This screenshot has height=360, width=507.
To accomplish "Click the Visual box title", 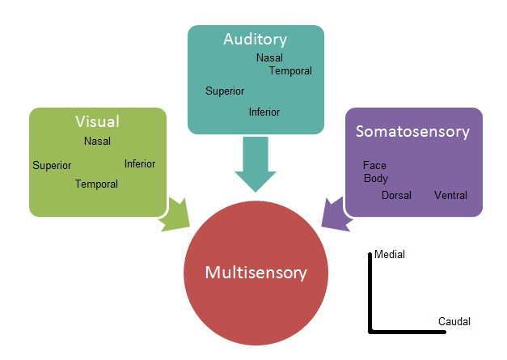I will click(x=97, y=122).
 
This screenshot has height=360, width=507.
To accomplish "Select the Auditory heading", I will click(x=256, y=39).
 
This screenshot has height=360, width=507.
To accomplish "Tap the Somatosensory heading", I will click(x=412, y=131).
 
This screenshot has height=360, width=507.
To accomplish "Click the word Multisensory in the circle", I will click(x=256, y=272).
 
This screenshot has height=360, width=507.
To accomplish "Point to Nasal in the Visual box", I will click(x=97, y=142).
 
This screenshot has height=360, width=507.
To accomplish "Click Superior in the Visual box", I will click(x=52, y=166).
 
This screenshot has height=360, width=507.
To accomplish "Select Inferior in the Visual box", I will click(x=139, y=164).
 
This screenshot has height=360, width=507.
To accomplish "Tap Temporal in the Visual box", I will click(x=96, y=184).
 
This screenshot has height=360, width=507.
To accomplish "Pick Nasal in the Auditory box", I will click(x=269, y=58).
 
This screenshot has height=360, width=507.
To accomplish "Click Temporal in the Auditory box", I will click(x=290, y=71).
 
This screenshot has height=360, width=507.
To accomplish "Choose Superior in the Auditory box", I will click(x=225, y=91).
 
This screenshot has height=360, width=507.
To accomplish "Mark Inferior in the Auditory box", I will click(x=264, y=112).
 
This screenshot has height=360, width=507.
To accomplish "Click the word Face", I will click(x=374, y=166).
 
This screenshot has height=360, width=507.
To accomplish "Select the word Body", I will click(x=376, y=179).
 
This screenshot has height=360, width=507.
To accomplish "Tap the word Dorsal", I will click(x=396, y=196).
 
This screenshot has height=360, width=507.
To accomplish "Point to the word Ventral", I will click(x=450, y=196).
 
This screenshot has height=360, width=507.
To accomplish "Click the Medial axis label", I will click(x=390, y=255).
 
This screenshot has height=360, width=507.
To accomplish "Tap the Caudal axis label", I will click(x=454, y=322).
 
